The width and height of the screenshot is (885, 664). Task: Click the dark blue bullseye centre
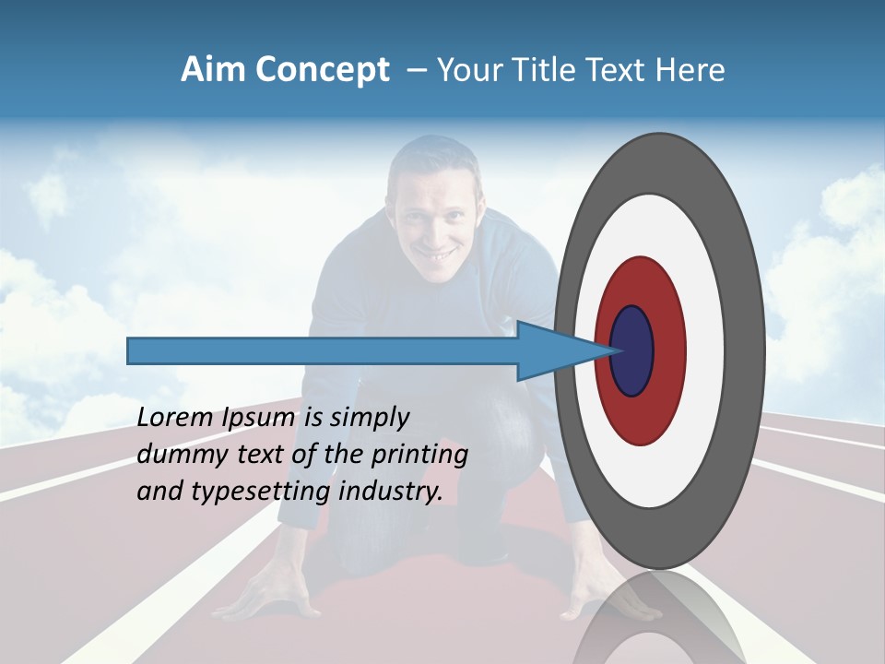632,351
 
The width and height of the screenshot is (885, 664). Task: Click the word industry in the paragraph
391,491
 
